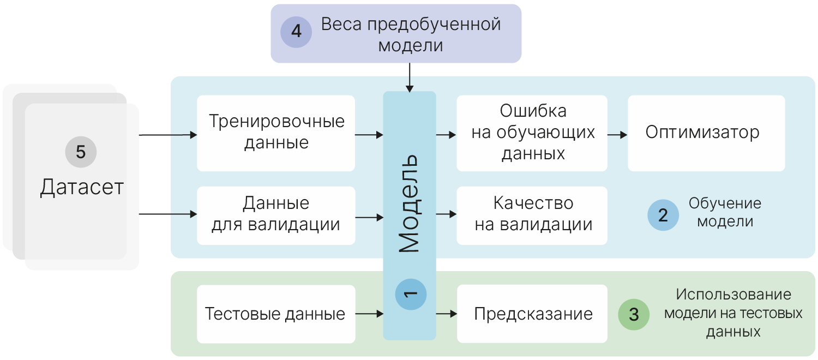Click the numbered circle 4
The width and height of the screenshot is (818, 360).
click(296, 32)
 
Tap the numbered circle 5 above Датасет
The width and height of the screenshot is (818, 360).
click(81, 152)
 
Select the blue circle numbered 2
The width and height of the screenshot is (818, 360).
click(663, 215)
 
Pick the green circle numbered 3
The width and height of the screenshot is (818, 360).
click(634, 315)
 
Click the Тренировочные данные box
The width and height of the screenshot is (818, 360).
click(276, 133)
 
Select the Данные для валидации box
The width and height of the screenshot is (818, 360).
click(276, 215)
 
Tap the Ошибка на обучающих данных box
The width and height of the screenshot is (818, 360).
click(532, 133)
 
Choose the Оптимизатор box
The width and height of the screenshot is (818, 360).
click(706, 133)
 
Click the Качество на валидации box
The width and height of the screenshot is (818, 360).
click(532, 215)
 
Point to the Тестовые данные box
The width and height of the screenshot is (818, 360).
click(276, 314)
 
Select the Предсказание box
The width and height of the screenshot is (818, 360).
click(532, 314)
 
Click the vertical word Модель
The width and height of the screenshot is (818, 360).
click(408, 203)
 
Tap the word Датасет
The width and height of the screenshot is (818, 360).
click(82, 188)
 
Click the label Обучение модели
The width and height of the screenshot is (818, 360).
click(725, 213)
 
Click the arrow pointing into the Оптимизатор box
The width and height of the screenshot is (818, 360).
click(617, 134)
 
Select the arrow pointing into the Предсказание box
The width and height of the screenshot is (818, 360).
click(446, 314)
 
